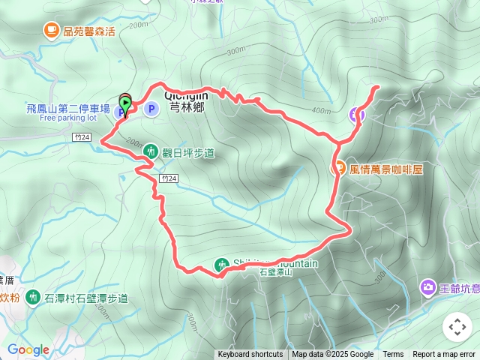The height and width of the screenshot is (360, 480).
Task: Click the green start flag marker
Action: tap(125, 102)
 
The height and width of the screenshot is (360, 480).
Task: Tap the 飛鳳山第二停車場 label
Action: tap(68, 109)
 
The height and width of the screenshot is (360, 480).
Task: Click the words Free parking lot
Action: tap(68, 118)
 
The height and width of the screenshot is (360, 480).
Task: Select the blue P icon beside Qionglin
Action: tap(151, 109)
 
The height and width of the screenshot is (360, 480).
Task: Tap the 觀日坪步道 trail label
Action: tap(188, 153)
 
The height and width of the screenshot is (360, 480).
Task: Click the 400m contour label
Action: tap(321, 111)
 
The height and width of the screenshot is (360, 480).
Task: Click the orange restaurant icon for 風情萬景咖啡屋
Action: tap(338, 169)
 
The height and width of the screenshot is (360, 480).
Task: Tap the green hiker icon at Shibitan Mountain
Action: tap(221, 265)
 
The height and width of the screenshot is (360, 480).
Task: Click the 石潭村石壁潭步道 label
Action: tap(85, 298)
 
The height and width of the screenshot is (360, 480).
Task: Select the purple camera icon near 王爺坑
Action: tap(427, 287)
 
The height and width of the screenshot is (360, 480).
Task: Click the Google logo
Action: tap(28, 349)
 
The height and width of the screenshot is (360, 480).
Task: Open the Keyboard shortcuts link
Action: tap(250, 355)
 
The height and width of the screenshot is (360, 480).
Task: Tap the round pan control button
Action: tap(457, 327)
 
